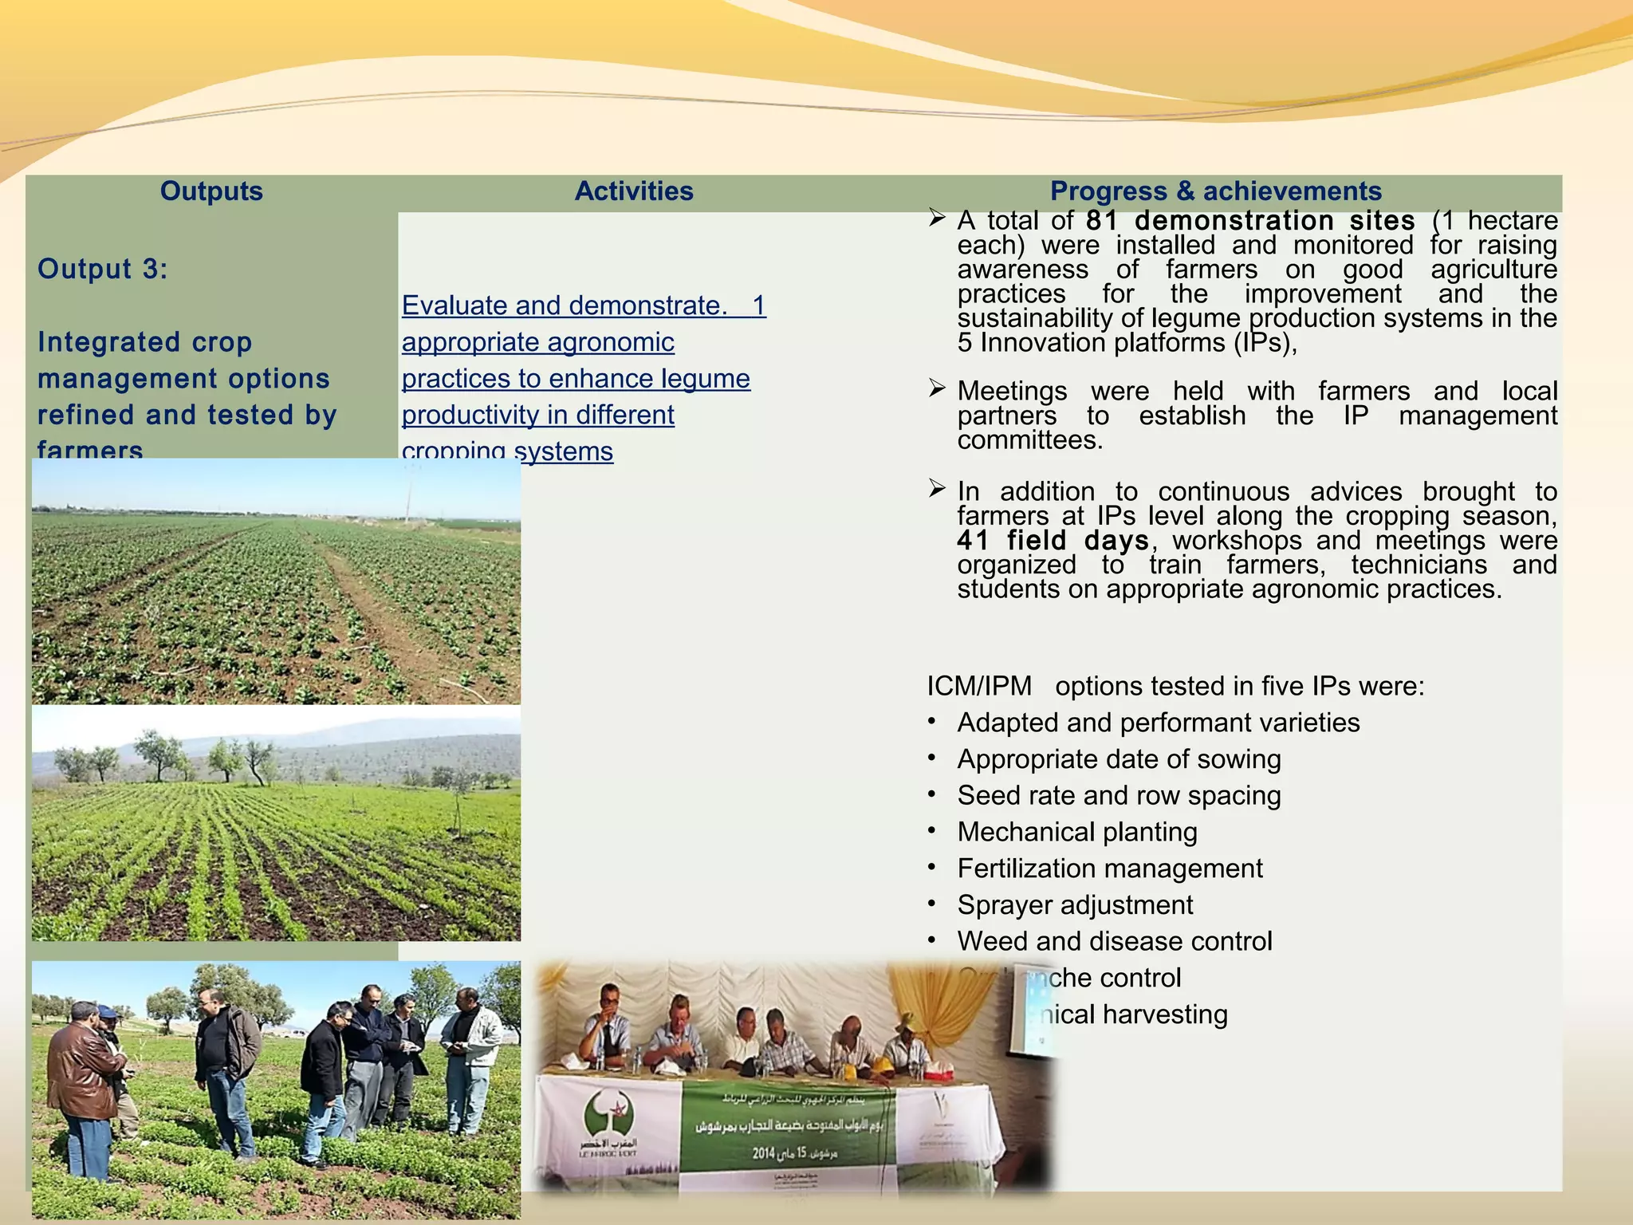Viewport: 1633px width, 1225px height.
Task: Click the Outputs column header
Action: [x=211, y=191]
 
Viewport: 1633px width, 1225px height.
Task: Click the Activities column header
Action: [x=634, y=191]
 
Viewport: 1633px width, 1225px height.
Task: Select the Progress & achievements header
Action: [x=1215, y=191]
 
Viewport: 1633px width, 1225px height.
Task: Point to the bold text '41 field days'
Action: [x=1053, y=541]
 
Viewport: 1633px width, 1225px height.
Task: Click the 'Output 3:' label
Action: [x=103, y=269]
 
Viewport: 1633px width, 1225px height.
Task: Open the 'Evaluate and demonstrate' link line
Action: [x=583, y=305]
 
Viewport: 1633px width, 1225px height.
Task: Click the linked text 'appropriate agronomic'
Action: [x=537, y=342]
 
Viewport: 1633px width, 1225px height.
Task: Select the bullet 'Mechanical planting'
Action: [x=1076, y=832]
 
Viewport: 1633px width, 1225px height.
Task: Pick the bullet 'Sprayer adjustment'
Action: [x=1075, y=905]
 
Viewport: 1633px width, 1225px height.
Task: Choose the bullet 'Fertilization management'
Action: [x=1110, y=869]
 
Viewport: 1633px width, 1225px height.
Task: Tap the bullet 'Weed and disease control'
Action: [x=1114, y=941]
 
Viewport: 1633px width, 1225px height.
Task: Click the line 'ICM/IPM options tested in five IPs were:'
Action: [x=1175, y=686]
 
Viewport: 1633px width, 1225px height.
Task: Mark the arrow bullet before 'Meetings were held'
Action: [x=937, y=389]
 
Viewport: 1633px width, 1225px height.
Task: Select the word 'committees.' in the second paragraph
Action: [x=1030, y=440]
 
